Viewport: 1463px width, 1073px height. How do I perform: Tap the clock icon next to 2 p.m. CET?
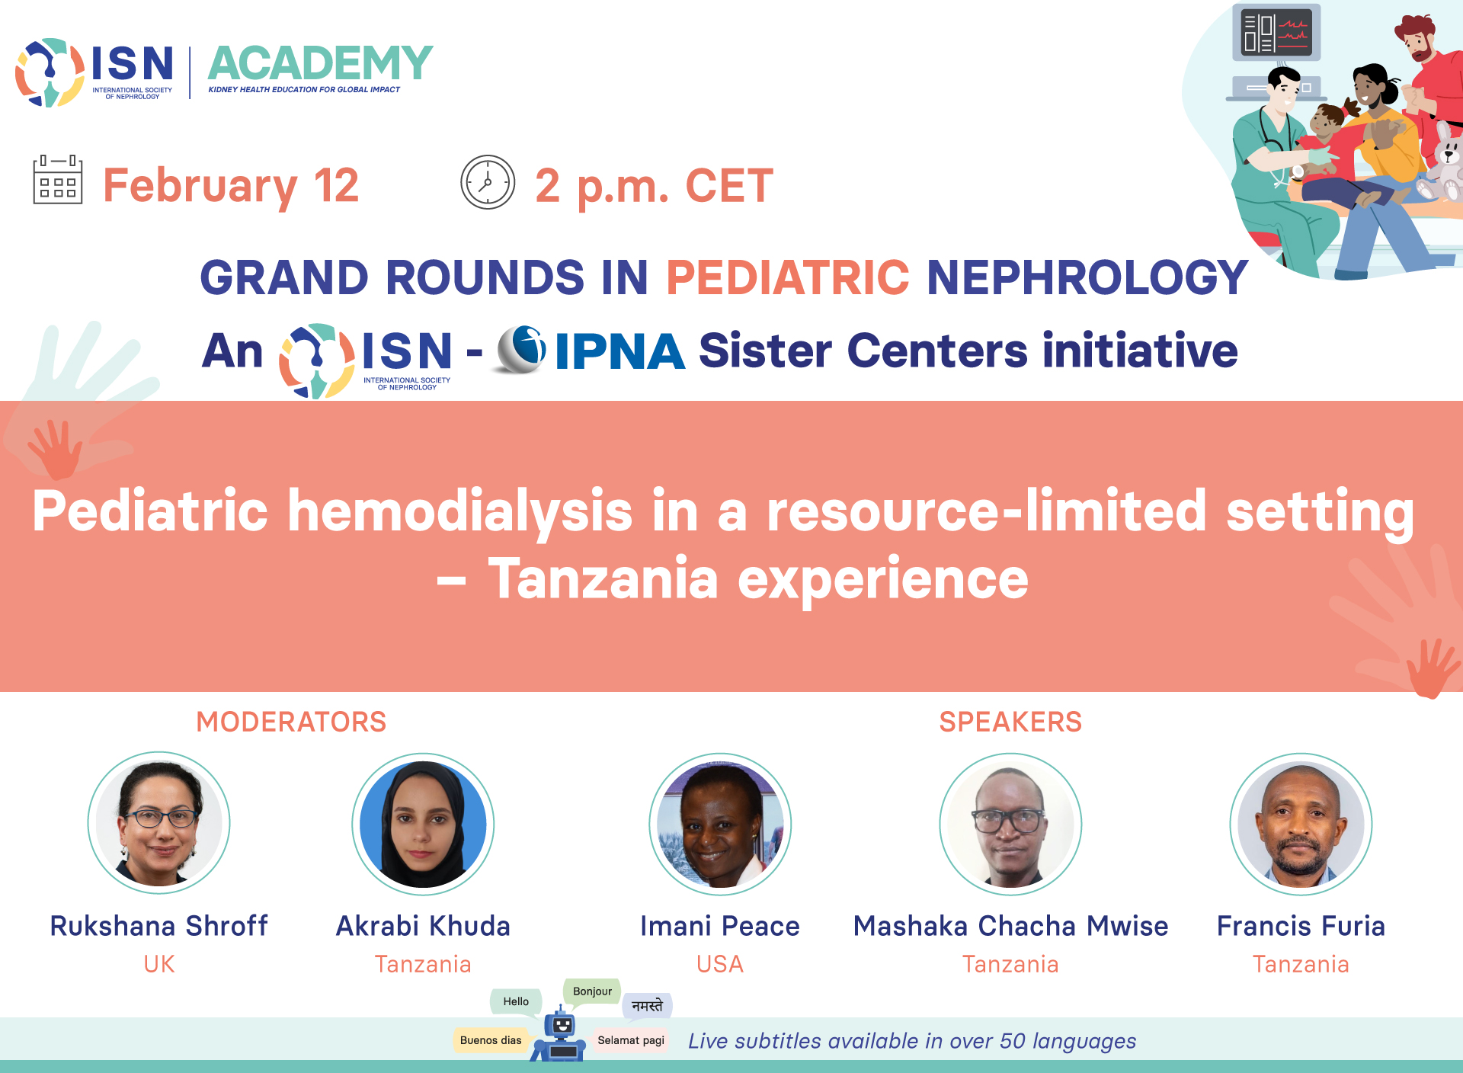(488, 182)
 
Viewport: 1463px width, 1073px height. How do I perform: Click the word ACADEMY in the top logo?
(320, 62)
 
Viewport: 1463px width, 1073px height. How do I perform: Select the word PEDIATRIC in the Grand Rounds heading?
(788, 277)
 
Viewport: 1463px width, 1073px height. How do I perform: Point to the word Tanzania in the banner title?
(603, 578)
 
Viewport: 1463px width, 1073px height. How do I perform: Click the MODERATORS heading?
(291, 722)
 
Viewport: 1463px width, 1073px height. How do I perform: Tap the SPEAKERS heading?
(1010, 722)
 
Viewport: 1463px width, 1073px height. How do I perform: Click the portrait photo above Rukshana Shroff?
(159, 823)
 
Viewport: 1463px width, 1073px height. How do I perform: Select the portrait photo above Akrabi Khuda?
(423, 824)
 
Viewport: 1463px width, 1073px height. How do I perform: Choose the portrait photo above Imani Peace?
(720, 824)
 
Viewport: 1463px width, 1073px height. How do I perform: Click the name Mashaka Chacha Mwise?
(1010, 926)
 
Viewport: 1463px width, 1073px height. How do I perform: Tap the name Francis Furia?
(1301, 926)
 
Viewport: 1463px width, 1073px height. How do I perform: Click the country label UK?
(159, 964)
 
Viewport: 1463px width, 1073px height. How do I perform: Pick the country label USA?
(720, 964)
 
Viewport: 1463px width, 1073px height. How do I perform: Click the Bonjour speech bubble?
(592, 991)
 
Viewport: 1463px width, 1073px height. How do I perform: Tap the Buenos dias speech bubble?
(491, 1040)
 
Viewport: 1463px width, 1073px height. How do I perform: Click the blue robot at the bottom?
(560, 1035)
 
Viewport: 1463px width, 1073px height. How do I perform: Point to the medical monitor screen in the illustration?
(1276, 33)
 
